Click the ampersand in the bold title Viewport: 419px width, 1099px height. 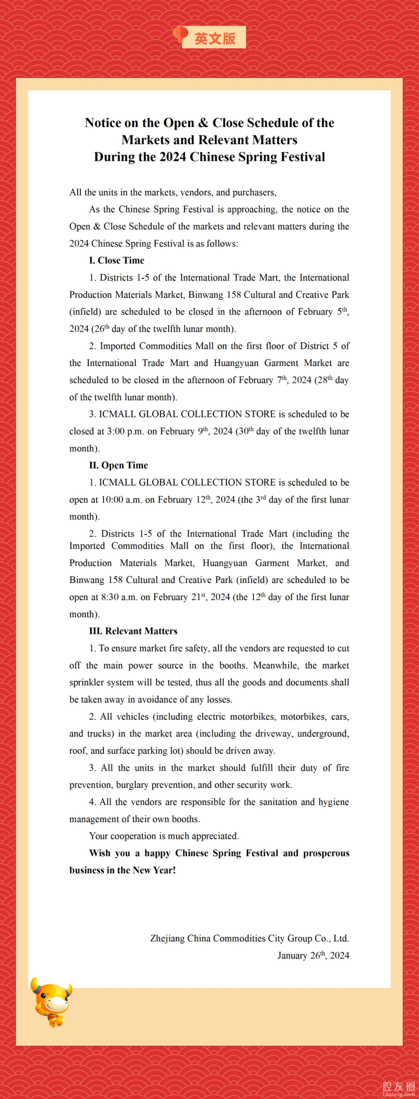pos(203,123)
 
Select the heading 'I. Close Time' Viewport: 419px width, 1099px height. pos(117,260)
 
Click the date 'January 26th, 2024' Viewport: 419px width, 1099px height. pos(313,955)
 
